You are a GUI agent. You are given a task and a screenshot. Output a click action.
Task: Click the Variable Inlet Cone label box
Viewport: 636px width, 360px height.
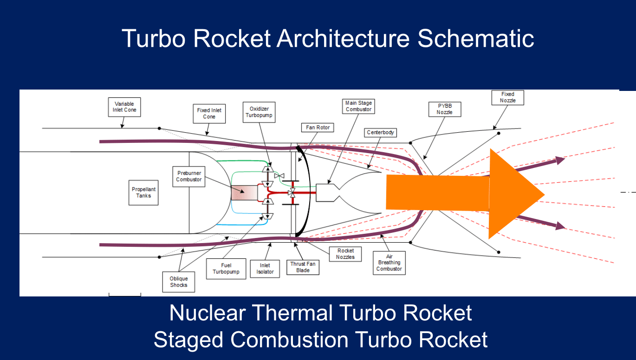tap(124, 107)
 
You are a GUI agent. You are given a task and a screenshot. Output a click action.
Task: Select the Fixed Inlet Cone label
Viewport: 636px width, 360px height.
tap(209, 114)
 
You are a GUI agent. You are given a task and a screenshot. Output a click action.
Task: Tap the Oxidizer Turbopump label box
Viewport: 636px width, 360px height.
tap(259, 112)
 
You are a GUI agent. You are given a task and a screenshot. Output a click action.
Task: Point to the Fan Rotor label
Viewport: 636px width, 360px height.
tap(318, 128)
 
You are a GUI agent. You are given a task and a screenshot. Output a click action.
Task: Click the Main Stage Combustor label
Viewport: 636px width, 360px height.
tap(358, 106)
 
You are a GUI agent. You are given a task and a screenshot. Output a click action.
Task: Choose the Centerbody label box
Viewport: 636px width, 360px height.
tap(380, 133)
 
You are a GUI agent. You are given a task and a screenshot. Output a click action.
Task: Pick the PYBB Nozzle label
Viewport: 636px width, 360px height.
tap(444, 109)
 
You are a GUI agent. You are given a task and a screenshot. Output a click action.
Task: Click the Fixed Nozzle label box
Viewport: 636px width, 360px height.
tap(507, 97)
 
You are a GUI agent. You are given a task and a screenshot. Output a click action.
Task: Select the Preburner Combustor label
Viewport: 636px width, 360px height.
tap(189, 176)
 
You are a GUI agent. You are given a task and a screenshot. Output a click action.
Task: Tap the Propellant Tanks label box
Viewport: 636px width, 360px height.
tap(143, 193)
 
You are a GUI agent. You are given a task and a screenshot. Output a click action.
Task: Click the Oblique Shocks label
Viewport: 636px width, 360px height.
tap(179, 282)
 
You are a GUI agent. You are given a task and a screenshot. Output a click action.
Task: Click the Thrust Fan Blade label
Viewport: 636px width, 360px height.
tap(303, 267)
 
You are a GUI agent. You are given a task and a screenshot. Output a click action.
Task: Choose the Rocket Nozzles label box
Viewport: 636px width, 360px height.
tap(345, 254)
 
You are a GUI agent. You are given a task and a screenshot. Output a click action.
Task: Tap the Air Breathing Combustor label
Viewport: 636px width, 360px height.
tap(389, 263)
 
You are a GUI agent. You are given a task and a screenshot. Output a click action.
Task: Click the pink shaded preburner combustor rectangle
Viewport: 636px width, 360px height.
tap(244, 193)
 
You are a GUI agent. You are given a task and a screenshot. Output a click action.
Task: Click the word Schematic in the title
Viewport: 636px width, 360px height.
tap(476, 38)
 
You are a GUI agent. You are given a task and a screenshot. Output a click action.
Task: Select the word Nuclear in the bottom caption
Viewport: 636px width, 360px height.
tap(207, 313)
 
